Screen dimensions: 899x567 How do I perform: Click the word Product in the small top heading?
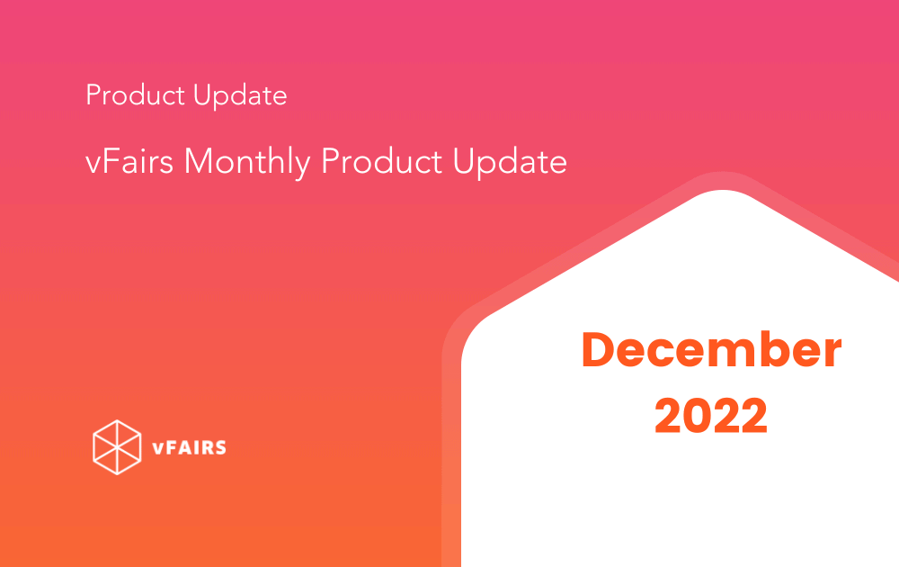[136, 94]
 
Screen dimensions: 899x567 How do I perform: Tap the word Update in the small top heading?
[240, 95]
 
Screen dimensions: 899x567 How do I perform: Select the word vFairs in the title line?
[129, 161]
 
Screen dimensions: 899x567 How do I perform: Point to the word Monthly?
[247, 162]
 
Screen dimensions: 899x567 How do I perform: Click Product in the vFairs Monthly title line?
[381, 161]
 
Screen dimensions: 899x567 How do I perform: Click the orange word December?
[711, 349]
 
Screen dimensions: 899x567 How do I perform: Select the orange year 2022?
[711, 416]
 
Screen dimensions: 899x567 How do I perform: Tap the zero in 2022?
[698, 416]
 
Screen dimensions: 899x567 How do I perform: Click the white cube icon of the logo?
[117, 447]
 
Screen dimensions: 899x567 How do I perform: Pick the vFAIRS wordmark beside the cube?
[189, 447]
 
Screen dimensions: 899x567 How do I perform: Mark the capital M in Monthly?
[199, 161]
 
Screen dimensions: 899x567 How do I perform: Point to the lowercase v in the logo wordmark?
[158, 449]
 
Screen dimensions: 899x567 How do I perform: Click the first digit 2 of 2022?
[669, 416]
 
